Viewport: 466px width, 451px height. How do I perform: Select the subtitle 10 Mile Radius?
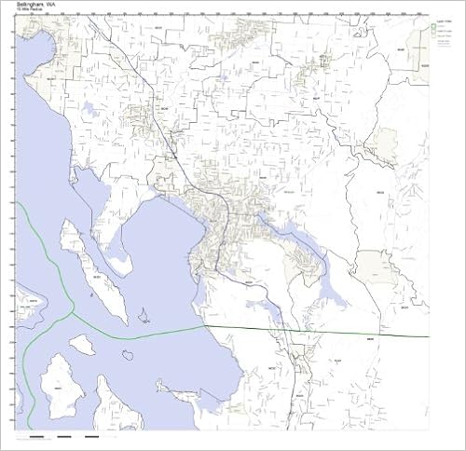pyautogui.click(x=28, y=12)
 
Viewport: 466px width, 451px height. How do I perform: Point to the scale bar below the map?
pyautogui.click(x=65, y=437)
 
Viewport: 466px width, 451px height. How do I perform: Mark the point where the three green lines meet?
pyautogui.click(x=73, y=315)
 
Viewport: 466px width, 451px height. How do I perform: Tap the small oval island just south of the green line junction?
pyautogui.click(x=81, y=344)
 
